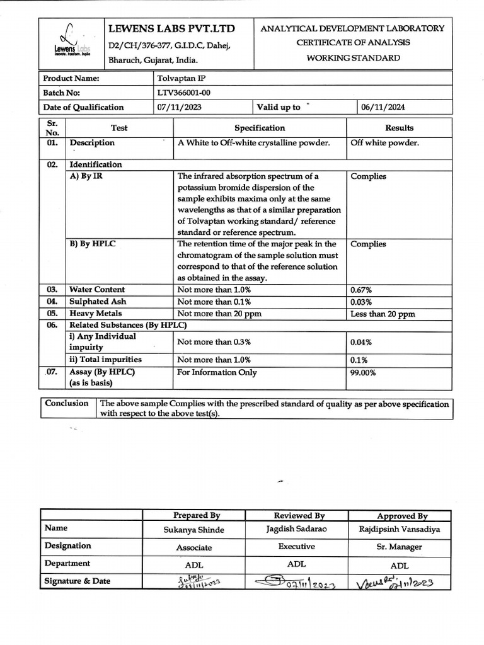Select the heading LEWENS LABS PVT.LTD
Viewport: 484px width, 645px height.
point(171,29)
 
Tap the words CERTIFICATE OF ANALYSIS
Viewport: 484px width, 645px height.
point(353,42)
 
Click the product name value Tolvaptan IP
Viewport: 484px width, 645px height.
point(180,79)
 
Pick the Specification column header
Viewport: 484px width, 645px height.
point(260,128)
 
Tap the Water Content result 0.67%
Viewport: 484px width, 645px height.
point(360,290)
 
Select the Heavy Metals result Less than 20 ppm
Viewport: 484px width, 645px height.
point(383,314)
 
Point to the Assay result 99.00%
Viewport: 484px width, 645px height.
point(363,372)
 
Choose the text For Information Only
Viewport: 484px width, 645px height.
point(217,372)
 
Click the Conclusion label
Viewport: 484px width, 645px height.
point(67,403)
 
